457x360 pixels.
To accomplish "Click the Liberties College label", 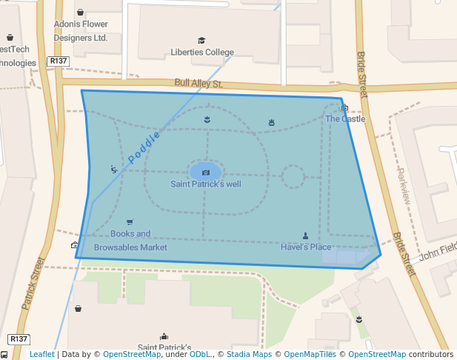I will [x=202, y=53].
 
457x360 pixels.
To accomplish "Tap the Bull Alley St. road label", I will [x=199, y=84].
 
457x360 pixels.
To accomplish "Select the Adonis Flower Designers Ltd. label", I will [x=81, y=30].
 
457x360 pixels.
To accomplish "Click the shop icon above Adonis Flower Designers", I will [x=80, y=13].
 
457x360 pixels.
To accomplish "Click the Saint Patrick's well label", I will [x=206, y=184].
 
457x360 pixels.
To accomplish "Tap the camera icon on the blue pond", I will [x=206, y=173].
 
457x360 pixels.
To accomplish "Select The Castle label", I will [x=345, y=119].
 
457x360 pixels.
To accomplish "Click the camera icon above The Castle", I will [x=344, y=108].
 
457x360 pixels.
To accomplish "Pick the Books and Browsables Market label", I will [x=130, y=241].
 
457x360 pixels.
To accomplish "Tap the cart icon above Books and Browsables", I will [x=130, y=222].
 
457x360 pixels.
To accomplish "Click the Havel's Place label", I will [x=306, y=247].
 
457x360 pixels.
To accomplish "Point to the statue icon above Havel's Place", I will [x=305, y=236].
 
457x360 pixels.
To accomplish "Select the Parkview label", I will [x=404, y=186].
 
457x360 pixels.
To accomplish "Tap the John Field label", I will [x=438, y=252].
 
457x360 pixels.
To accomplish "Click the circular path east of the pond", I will [x=293, y=176].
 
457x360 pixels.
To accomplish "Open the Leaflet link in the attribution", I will [x=41, y=355].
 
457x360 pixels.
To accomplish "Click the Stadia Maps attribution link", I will [x=247, y=355].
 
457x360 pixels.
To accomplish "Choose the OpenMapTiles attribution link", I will [x=310, y=355].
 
